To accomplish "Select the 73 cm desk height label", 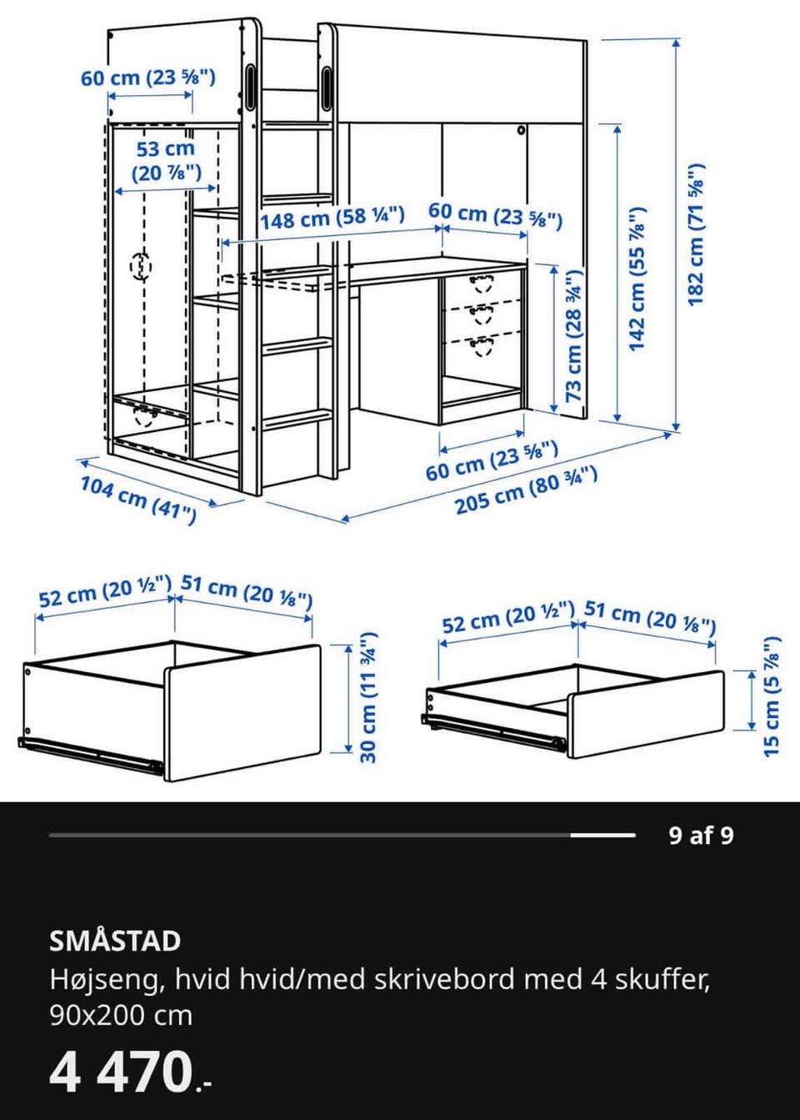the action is point(573,335).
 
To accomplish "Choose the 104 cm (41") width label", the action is point(138,500).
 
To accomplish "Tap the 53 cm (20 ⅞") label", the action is point(166,161).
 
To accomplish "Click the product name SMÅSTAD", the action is point(115,941).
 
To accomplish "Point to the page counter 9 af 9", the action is point(702,836).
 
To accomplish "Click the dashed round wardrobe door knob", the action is point(140,265).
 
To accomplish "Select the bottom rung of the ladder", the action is point(297,419).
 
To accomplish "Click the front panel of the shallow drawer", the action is point(645,714).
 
